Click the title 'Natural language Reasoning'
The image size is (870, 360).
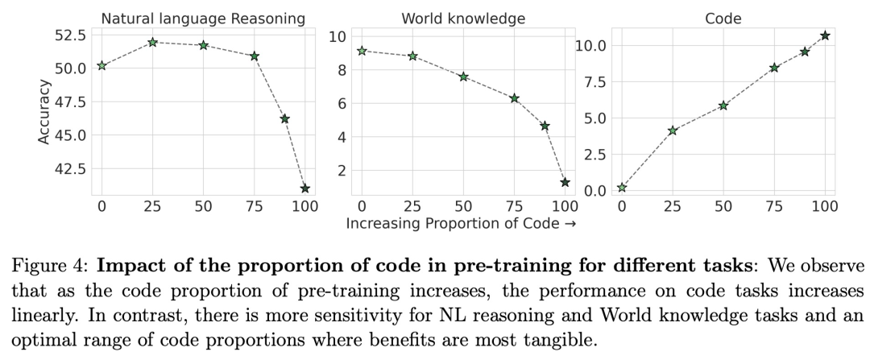tap(203, 18)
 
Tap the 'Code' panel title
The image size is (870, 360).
tap(723, 18)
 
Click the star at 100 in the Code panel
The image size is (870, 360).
tap(825, 35)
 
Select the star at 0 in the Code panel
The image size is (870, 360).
tap(622, 188)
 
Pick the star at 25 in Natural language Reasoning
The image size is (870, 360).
tap(152, 42)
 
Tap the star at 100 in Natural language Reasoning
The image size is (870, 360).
tap(304, 188)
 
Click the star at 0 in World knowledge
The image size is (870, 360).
tap(362, 51)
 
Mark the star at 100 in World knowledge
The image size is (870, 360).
tap(565, 183)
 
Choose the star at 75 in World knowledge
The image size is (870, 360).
tap(514, 98)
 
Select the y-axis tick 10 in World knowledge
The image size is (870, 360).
tap(338, 36)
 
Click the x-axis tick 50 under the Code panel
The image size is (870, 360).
tap(723, 206)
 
